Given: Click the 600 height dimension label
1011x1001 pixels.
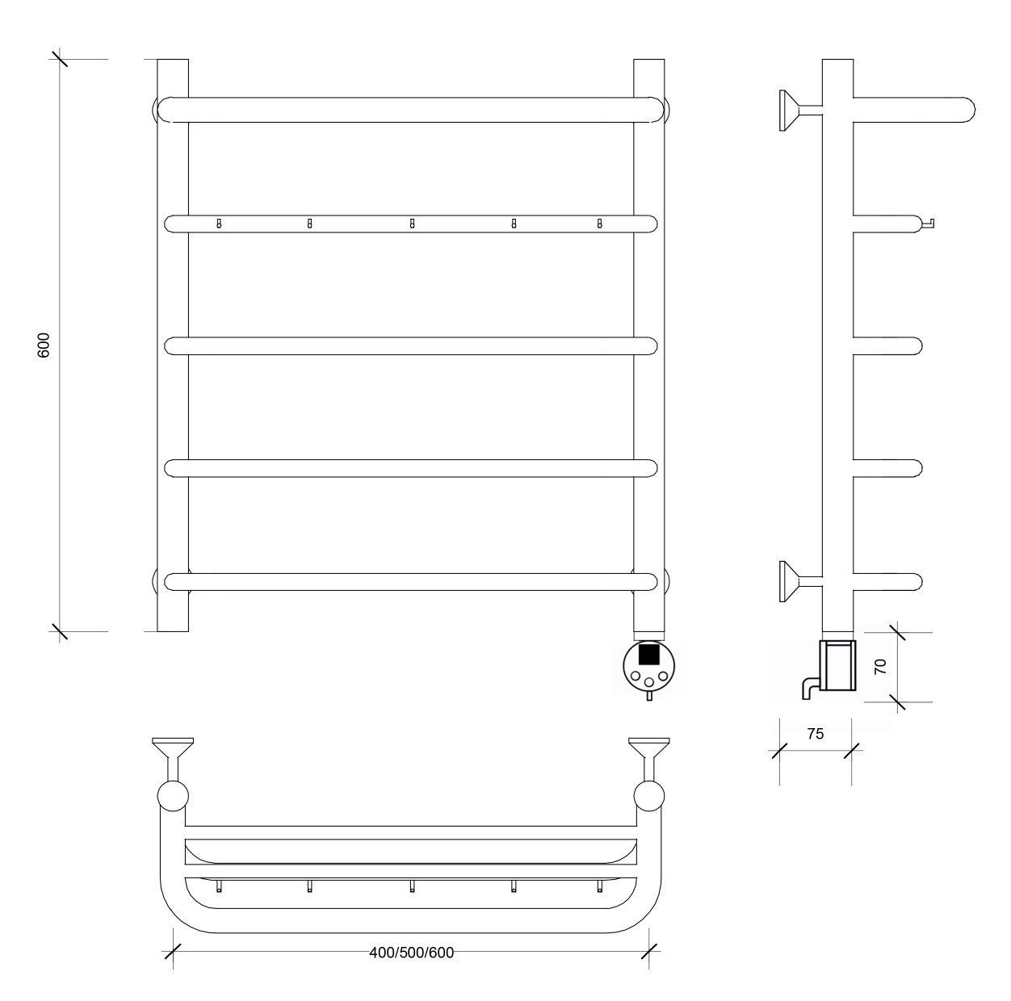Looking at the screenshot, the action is [x=44, y=345].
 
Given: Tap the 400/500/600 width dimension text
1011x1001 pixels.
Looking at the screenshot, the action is [x=411, y=953].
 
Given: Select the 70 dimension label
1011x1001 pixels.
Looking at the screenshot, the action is [x=881, y=666].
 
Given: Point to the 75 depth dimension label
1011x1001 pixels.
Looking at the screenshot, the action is [x=816, y=734].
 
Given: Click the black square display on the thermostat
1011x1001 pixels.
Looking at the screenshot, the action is [x=648, y=655].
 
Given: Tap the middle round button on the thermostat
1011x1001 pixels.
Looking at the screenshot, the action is [x=649, y=682].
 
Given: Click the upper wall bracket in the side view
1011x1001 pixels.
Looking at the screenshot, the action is [x=800, y=110].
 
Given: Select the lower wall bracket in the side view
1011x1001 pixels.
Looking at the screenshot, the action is [x=800, y=581].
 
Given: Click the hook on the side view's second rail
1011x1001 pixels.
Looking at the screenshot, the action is [x=928, y=224].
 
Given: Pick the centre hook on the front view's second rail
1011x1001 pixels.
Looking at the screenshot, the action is [x=412, y=224].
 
